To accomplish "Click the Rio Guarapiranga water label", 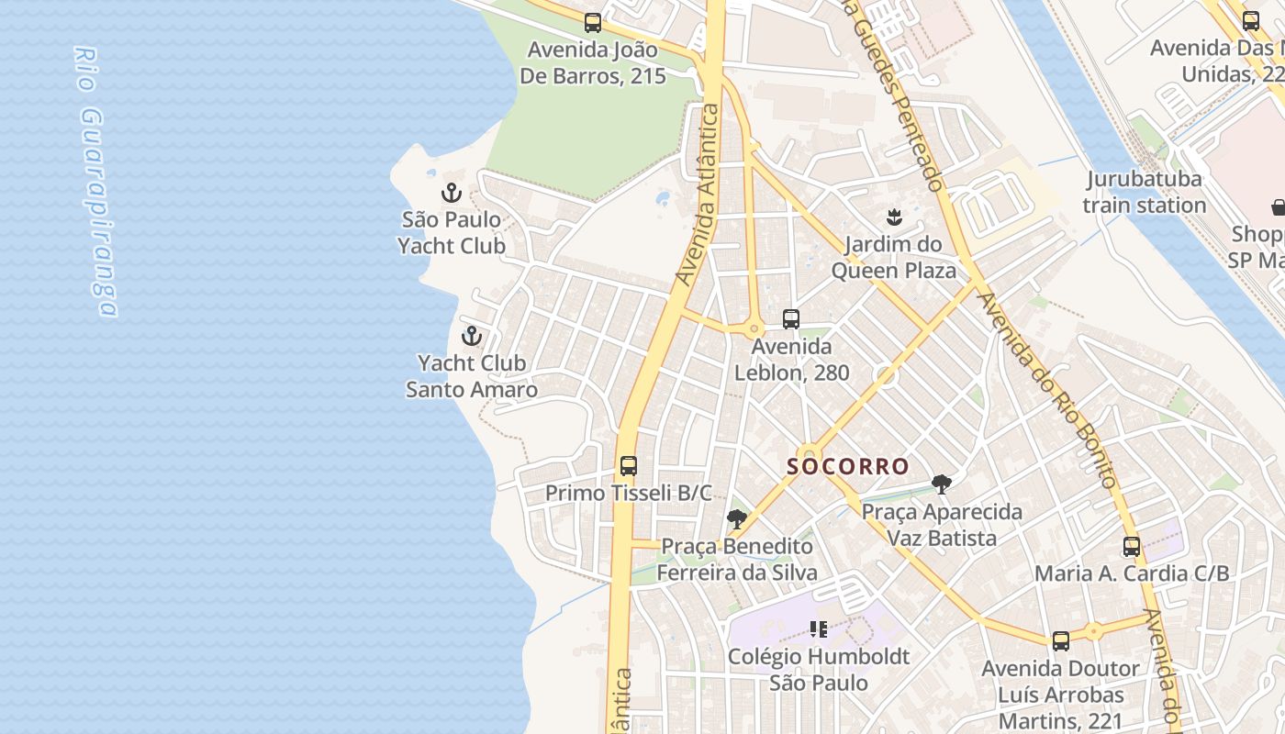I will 95,182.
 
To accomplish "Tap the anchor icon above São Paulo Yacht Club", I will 451,193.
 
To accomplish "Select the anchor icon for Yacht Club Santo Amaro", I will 472,336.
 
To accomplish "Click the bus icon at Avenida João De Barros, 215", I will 593,23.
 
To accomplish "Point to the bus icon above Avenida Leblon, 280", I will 791,319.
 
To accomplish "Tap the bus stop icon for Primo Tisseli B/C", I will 629,466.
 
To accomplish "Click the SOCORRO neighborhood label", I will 848,466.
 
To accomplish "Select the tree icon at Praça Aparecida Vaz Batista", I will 941,484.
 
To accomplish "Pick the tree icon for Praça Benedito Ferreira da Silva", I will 736,519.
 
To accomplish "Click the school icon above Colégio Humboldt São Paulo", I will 819,629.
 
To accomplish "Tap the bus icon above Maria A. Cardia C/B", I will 1132,547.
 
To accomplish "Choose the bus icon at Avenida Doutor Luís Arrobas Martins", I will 1061,641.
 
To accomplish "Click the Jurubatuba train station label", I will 1144,192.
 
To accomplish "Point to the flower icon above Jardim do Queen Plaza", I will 892,217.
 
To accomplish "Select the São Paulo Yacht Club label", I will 452,233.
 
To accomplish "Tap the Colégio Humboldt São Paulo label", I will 819,670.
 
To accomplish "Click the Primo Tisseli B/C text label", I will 629,494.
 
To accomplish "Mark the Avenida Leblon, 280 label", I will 791,360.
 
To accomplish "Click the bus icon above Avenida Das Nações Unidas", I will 1250,21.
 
